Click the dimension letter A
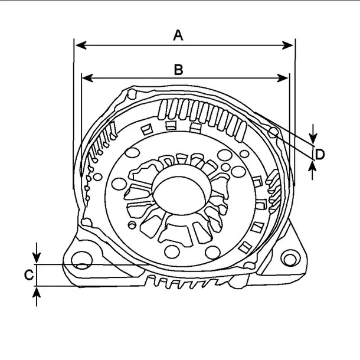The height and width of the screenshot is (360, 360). tap(178, 35)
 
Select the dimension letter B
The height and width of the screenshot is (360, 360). tap(178, 68)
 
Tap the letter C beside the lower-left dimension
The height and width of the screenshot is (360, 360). tap(28, 274)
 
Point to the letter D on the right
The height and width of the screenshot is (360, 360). tap(319, 155)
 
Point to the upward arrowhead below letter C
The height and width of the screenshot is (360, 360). tap(37, 292)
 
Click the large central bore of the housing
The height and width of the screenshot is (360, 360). tap(181, 195)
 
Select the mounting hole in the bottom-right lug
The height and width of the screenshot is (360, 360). tap(289, 258)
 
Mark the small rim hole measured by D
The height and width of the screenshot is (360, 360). tap(273, 130)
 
